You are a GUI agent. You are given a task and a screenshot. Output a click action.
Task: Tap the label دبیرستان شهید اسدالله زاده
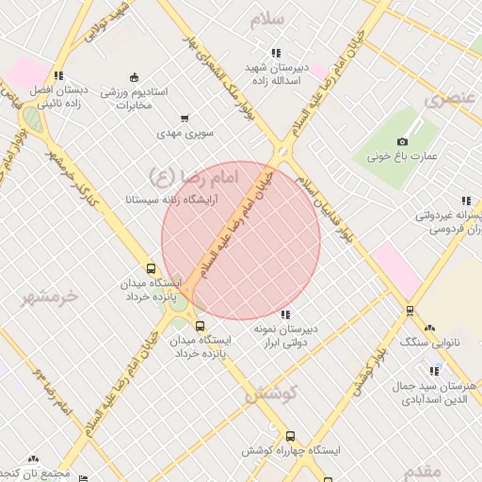(x=272, y=74)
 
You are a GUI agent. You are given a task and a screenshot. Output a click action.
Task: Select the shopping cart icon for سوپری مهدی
(x=185, y=119)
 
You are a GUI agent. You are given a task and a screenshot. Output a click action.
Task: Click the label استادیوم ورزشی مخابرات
(x=134, y=98)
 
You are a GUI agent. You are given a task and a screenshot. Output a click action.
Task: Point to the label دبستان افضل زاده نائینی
(x=58, y=95)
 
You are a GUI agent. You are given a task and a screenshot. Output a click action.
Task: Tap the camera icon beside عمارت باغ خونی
(x=403, y=141)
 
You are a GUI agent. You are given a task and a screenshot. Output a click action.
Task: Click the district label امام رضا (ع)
(x=194, y=175)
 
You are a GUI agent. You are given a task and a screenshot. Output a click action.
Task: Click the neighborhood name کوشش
(x=271, y=394)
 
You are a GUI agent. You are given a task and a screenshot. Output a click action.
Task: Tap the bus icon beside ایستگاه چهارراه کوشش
(x=290, y=437)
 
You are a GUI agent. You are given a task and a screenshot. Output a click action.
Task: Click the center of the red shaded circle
(x=241, y=240)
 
